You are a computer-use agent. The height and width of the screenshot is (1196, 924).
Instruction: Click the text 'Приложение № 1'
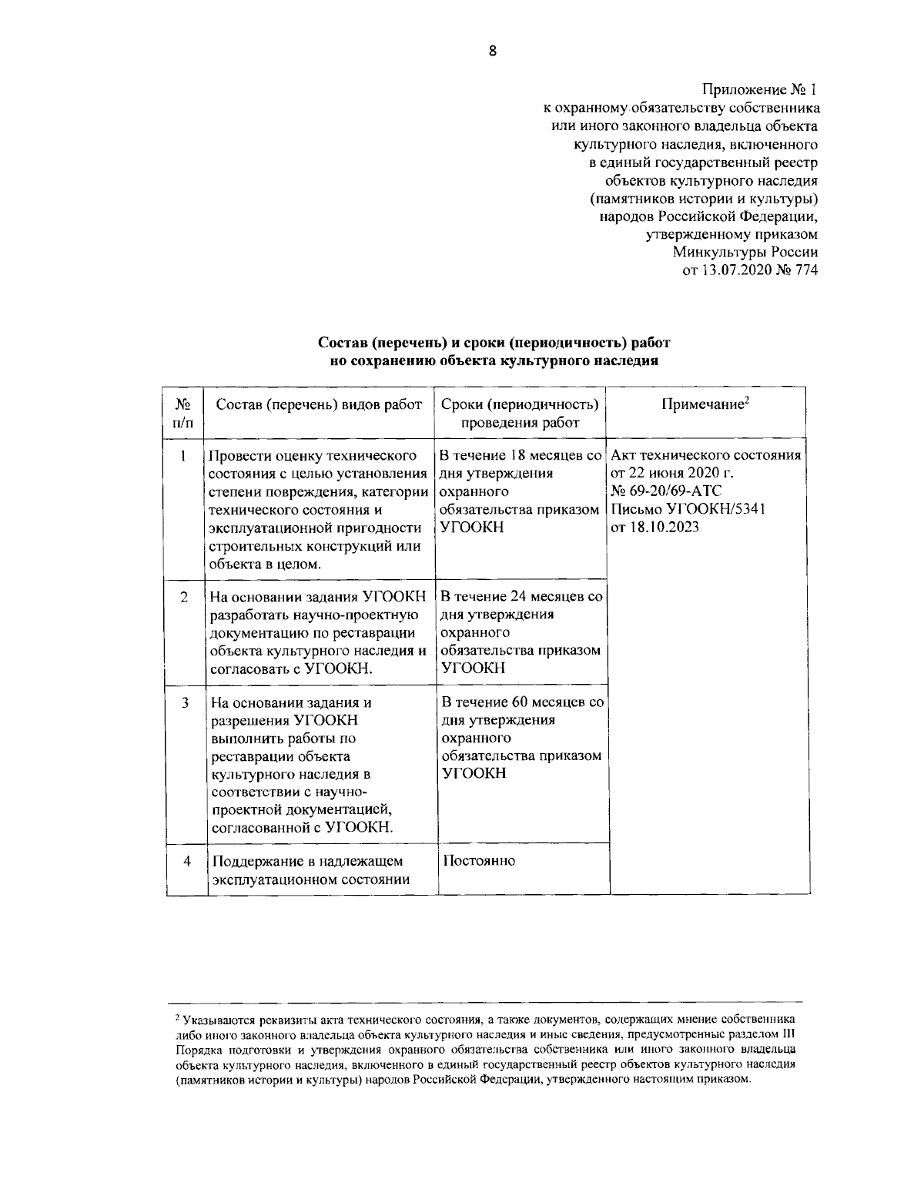tap(759, 90)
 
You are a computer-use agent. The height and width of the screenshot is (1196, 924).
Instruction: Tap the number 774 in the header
tap(805, 270)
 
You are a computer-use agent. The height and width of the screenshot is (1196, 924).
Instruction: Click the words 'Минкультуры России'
tap(745, 252)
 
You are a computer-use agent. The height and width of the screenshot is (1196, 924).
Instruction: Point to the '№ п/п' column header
tap(185, 414)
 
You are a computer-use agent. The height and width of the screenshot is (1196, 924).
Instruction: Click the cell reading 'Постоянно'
tap(478, 860)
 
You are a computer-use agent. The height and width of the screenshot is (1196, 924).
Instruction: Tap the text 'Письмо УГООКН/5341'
tap(687, 509)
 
